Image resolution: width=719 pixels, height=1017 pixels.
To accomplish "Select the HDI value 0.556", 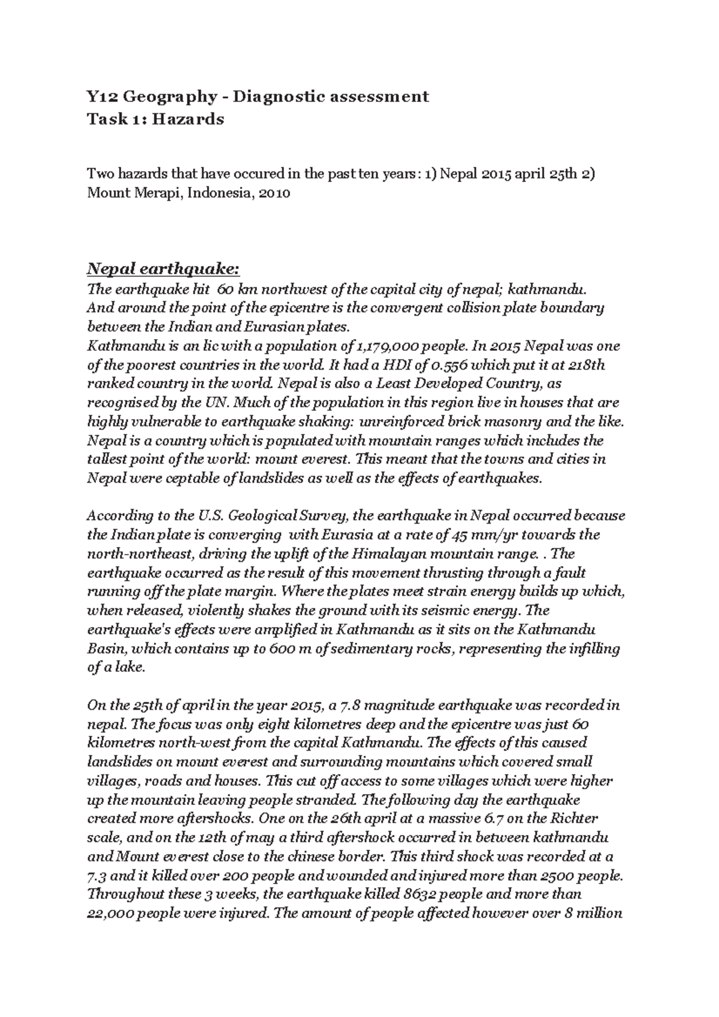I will [x=424, y=365].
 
